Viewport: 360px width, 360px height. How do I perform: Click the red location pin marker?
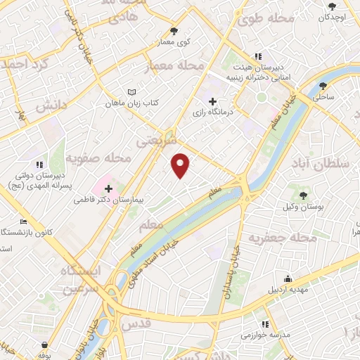click(181, 165)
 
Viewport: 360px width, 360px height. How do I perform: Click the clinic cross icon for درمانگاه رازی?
click(213, 101)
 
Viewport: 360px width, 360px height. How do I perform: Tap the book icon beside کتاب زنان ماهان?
click(131, 92)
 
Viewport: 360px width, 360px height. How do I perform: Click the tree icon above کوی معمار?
click(174, 31)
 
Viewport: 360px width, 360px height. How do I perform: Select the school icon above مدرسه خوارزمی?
click(265, 323)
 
